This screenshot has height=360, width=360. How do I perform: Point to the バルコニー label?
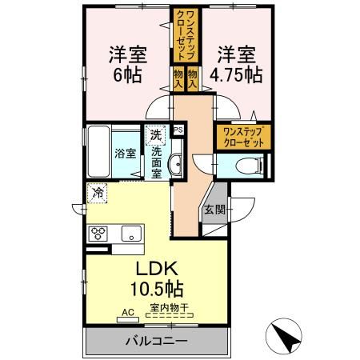[155, 342]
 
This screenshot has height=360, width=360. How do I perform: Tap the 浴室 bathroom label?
[124, 153]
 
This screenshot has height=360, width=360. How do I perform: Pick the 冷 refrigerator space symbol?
[96, 193]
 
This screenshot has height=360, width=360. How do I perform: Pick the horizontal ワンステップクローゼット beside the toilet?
[242, 134]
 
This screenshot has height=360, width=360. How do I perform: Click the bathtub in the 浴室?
[98, 152]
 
